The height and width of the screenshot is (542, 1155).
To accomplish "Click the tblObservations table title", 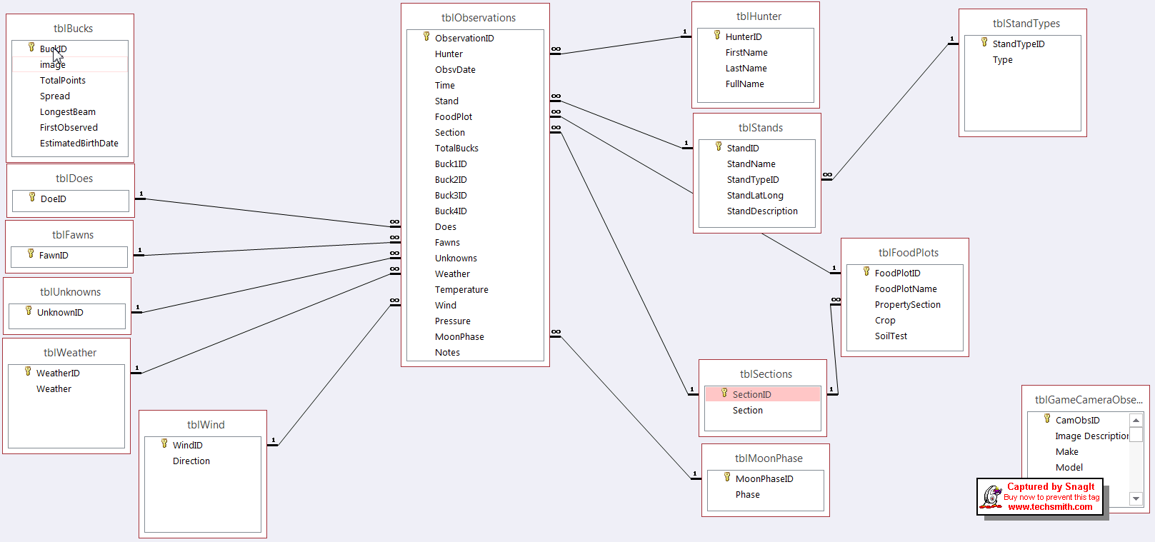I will (478, 18).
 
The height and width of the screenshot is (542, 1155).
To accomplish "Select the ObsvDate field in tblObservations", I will (455, 70).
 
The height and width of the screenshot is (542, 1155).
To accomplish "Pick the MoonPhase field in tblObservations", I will (459, 337).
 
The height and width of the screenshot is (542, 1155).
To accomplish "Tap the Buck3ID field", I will (451, 196).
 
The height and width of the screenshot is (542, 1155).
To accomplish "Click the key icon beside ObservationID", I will (426, 36).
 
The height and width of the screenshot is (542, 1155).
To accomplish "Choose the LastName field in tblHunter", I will (746, 69).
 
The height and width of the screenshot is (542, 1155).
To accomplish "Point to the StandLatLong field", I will (755, 196).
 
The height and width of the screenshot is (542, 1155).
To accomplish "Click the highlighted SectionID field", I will (751, 395).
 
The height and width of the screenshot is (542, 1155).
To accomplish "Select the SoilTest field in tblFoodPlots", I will (891, 336).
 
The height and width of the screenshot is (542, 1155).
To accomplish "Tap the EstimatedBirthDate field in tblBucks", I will (79, 144).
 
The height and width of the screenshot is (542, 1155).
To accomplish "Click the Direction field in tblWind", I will (191, 461).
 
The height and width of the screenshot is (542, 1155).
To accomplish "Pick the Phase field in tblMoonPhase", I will (747, 495).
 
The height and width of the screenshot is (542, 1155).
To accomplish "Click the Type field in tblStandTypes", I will (1002, 60).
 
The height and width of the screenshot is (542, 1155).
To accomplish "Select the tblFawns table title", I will (72, 235).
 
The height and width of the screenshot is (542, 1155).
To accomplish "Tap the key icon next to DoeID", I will (32, 197).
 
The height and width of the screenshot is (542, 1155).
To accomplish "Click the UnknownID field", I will (60, 313).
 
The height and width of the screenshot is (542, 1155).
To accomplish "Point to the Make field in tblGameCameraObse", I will (1066, 452).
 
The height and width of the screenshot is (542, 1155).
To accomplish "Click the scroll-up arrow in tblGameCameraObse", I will (1136, 420).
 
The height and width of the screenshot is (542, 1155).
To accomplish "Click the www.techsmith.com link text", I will (1050, 507).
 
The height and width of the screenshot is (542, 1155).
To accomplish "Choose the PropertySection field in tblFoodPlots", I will (907, 305).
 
